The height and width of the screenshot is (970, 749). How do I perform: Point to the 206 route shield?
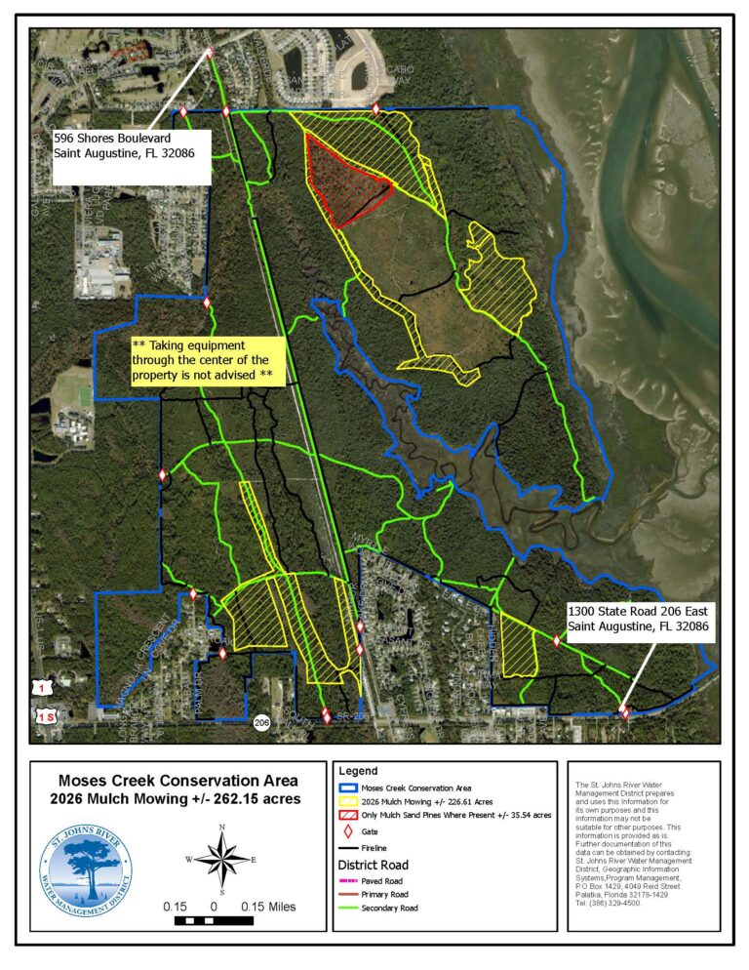pyautogui.click(x=260, y=723)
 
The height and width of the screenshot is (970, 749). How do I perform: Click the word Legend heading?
pyautogui.click(x=358, y=771)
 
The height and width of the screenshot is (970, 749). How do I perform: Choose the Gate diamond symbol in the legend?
pyautogui.click(x=348, y=831)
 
